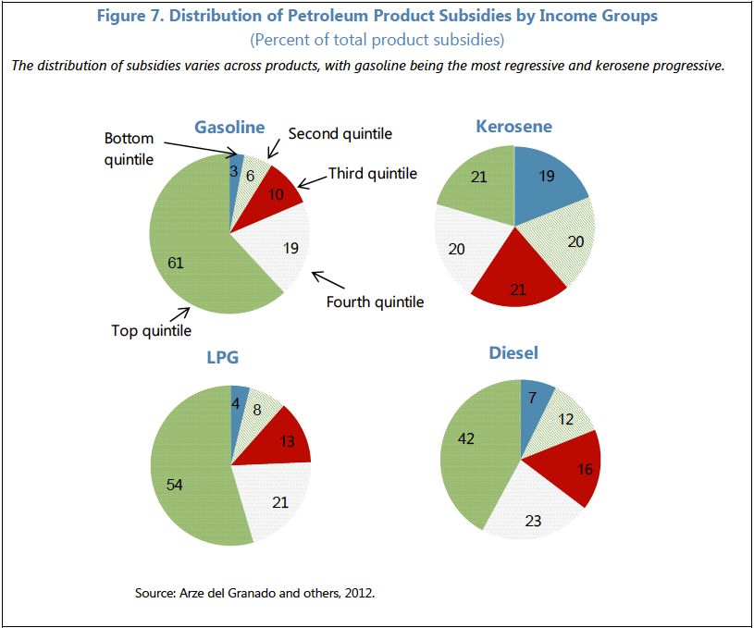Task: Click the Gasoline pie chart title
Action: (229, 128)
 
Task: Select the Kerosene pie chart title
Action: (513, 127)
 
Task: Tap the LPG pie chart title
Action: (230, 358)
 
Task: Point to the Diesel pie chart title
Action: (513, 353)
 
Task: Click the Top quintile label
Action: (153, 330)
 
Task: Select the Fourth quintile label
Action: (375, 302)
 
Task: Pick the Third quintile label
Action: (373, 174)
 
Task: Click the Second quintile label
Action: (340, 134)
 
